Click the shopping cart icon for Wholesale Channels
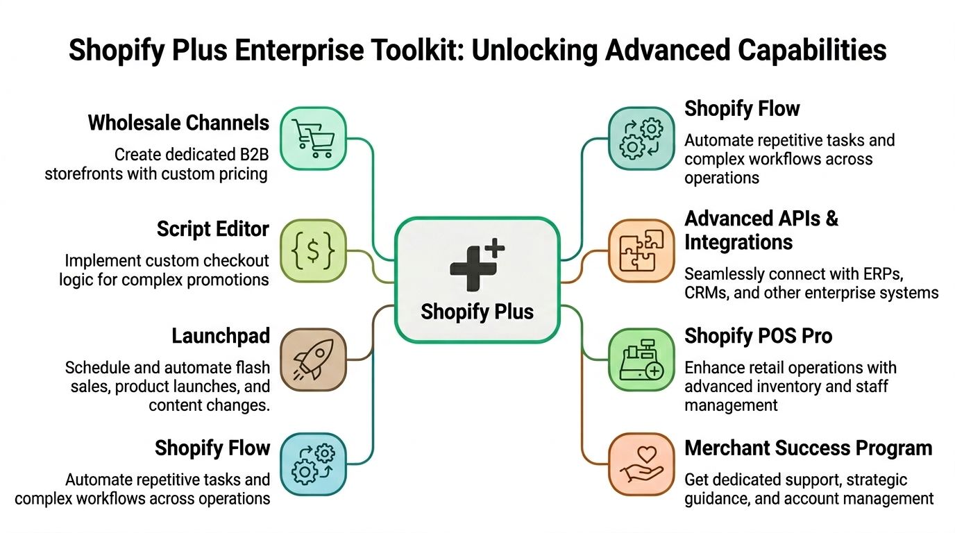pos(312,138)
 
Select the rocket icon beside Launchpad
pos(313,359)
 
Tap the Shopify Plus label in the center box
pos(477,312)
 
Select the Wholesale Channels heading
pos(178,124)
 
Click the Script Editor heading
pos(212,229)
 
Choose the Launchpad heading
pos(221,337)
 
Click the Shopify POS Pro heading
pos(758,337)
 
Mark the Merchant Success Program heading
pos(808,448)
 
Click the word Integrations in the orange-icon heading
pos(738,243)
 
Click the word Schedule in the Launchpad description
pos(95,368)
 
